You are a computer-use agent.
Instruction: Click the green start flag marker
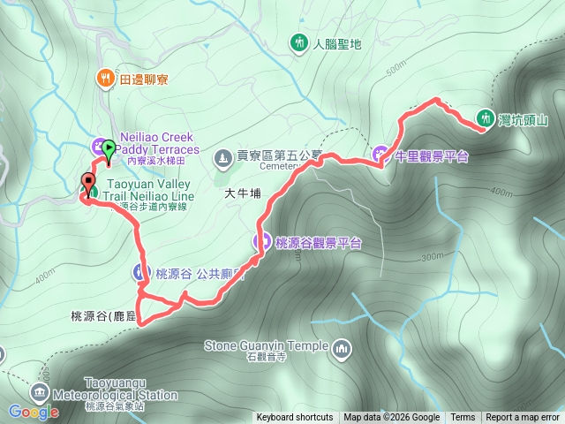click(109, 149)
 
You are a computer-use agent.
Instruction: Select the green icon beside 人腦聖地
click(298, 42)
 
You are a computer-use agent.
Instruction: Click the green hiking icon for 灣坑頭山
click(485, 117)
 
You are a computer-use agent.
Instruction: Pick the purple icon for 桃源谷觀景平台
click(262, 241)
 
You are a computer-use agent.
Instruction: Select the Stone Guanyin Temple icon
click(342, 352)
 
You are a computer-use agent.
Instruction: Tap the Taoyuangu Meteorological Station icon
click(40, 391)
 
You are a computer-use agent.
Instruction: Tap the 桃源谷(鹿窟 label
click(104, 315)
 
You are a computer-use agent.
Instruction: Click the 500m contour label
click(396, 64)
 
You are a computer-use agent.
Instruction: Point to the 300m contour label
click(432, 256)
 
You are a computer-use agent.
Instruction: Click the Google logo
click(34, 412)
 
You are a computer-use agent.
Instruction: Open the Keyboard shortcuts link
click(295, 418)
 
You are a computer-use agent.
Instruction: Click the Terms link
click(463, 418)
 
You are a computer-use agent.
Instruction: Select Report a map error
click(523, 418)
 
